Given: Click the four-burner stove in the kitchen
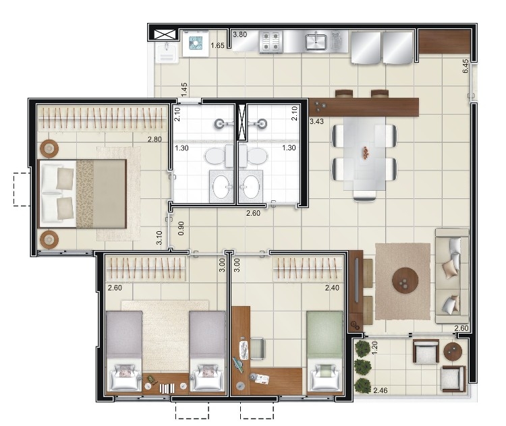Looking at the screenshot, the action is tap(271, 42).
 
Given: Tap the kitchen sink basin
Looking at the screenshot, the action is tap(316, 42).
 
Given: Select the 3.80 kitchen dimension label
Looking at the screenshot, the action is tap(240, 34).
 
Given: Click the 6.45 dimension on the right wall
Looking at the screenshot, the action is tap(465, 66).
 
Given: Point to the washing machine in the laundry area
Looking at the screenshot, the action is tap(195, 43).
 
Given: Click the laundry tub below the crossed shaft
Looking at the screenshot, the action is tap(166, 53).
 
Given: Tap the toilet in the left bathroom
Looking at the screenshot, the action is tap(219, 156).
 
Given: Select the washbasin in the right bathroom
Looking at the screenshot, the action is tap(251, 187).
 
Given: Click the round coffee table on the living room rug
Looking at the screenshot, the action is tap(405, 280).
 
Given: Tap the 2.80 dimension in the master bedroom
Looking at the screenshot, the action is tap(154, 140).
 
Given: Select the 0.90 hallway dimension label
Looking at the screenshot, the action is tap(181, 228).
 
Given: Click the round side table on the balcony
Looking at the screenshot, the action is tap(453, 351).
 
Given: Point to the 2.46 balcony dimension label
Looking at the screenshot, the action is tap(380, 390).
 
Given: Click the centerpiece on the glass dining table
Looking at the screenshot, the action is tap(366, 152).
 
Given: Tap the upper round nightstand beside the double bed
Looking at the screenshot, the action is tap(49, 148).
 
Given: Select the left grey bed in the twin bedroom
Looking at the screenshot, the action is tap(124, 351).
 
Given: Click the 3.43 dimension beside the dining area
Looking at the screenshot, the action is tap(316, 121).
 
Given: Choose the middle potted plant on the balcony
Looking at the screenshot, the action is tap(363, 367).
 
